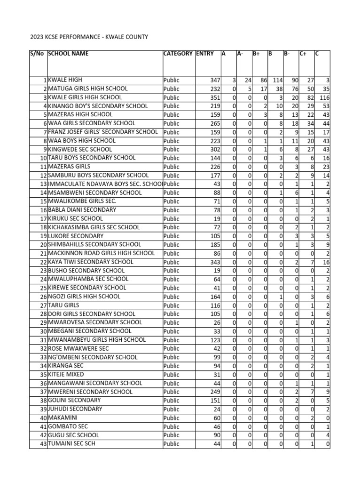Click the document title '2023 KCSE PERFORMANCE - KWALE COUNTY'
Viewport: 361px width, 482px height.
pyautogui.click(x=89, y=37)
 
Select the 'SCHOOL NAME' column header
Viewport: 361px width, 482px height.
pyautogui.click(x=68, y=54)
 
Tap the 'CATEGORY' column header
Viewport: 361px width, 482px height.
pyautogui.click(x=178, y=54)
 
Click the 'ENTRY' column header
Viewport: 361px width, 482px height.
pyautogui.click(x=204, y=54)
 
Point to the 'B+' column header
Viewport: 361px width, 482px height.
pyautogui.click(x=257, y=54)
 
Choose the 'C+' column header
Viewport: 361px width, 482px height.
pyautogui.click(x=303, y=54)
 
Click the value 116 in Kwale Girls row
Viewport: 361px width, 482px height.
pyautogui.click(x=325, y=98)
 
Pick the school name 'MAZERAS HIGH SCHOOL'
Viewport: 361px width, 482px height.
pyautogui.click(x=80, y=114)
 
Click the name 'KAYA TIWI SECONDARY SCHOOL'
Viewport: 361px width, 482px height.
pyautogui.click(x=91, y=262)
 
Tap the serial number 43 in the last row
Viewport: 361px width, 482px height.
pyautogui.click(x=42, y=444)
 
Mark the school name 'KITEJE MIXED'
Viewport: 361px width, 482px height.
pyautogui.click(x=68, y=374)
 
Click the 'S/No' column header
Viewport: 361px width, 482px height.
pyautogui.click(x=37, y=54)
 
